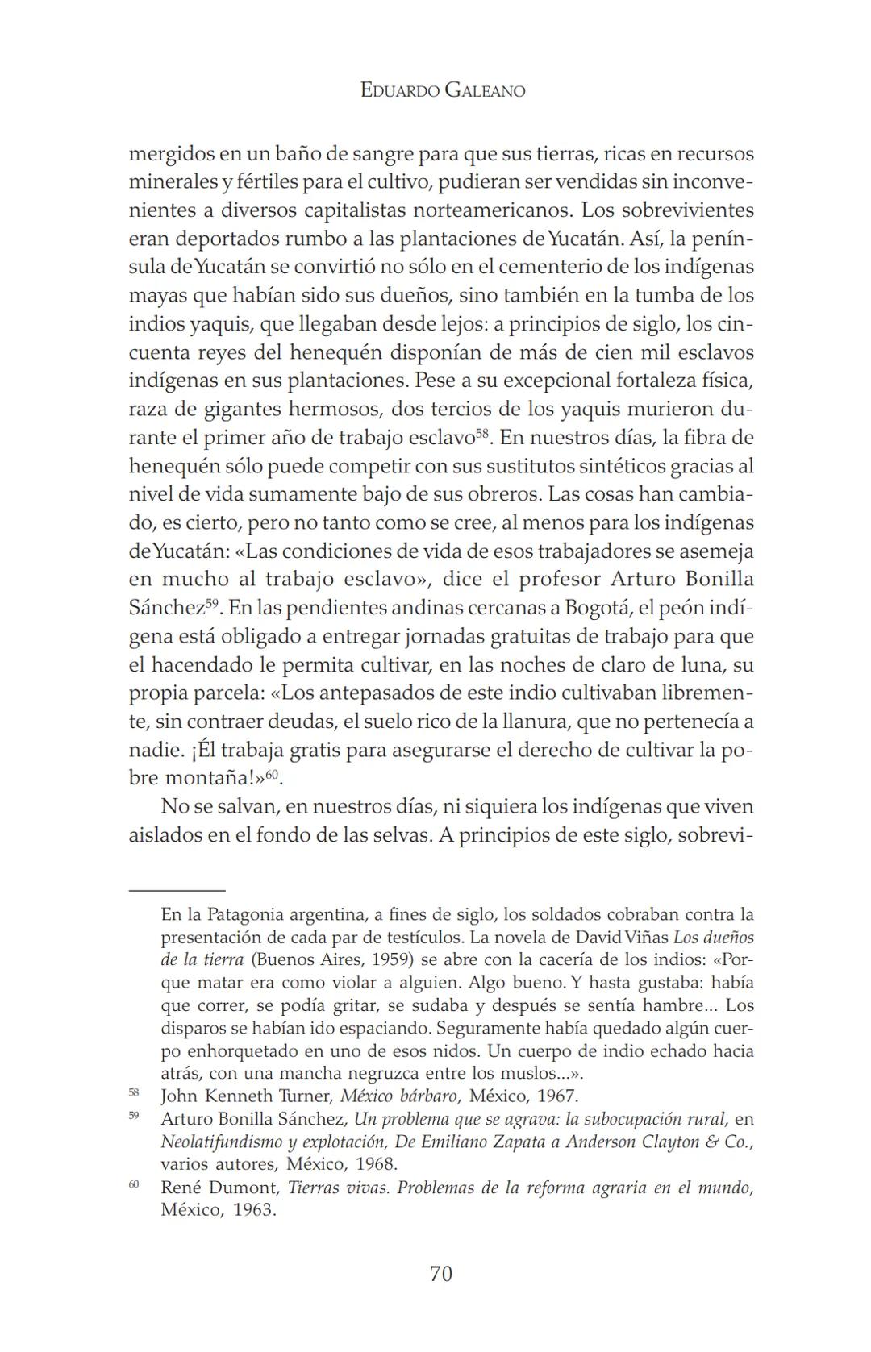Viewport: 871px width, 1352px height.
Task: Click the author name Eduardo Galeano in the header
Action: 442,90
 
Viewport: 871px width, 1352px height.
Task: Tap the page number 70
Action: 441,1274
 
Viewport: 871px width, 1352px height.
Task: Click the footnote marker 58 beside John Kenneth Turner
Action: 133,1093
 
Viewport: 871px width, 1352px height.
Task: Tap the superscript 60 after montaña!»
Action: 273,774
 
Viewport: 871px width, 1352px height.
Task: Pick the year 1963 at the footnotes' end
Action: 254,1210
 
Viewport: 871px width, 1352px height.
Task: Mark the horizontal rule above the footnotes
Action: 177,889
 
